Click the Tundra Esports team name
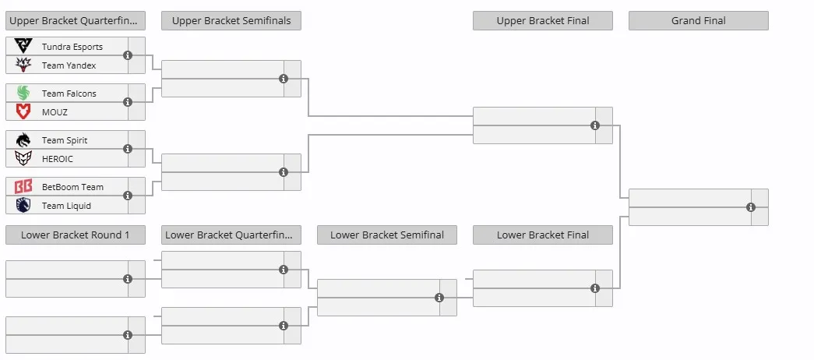tap(72, 47)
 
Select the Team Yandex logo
tap(23, 65)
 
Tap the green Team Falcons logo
tap(23, 93)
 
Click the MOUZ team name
tap(55, 112)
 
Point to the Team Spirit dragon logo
tap(23, 139)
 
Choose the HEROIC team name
tap(58, 159)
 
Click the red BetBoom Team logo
tap(23, 186)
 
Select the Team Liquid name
tap(66, 206)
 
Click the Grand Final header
tap(698, 21)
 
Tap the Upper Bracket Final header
tap(542, 21)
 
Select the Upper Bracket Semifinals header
tap(231, 21)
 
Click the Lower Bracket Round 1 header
tap(76, 235)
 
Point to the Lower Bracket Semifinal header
tap(387, 235)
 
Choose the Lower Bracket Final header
tap(542, 235)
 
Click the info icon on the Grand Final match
tap(751, 207)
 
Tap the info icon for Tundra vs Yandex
tap(128, 55)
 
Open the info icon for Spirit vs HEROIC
tap(128, 149)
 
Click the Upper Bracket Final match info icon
tap(595, 125)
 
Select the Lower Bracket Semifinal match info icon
tap(439, 298)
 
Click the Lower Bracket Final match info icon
tap(595, 288)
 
